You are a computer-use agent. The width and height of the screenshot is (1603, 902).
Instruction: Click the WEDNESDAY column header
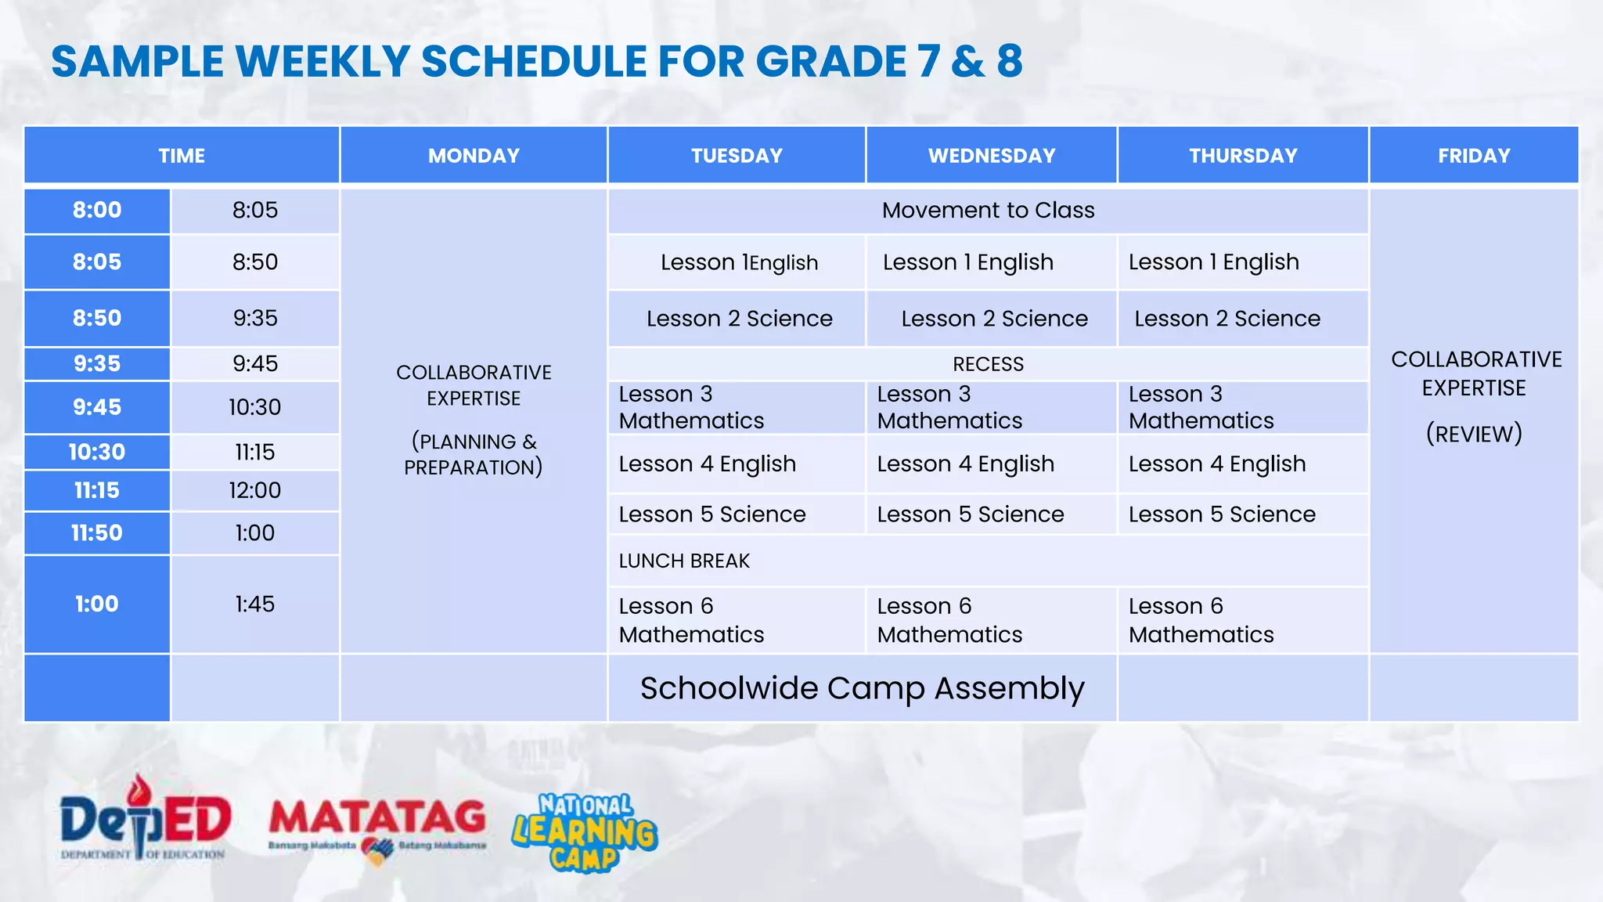991,156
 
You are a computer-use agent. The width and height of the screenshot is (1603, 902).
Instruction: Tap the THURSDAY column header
1243,156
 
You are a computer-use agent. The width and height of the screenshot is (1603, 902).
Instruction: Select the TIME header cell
182,156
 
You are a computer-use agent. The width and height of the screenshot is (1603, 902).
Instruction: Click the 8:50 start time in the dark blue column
97,318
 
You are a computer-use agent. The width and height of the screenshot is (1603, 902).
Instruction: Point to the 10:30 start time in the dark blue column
97,452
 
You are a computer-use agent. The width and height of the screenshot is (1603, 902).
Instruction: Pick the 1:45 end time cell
255,604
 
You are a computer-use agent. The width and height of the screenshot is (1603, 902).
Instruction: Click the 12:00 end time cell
255,490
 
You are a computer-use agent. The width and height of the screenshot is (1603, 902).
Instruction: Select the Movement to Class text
988,210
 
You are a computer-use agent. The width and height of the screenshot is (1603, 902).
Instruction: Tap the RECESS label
988,364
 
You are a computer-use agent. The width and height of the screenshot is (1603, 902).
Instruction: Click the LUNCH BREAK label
684,561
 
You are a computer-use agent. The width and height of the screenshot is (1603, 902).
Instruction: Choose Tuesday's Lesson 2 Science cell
739,319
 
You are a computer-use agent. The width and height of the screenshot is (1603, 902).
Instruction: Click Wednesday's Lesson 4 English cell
966,464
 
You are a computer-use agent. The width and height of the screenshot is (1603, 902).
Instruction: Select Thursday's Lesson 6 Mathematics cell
1201,620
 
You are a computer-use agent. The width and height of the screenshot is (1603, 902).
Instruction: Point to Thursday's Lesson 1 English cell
1213,262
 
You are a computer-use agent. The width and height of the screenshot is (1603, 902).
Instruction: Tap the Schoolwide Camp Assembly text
862,688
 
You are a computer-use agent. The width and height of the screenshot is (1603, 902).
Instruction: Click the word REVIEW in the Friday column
1474,434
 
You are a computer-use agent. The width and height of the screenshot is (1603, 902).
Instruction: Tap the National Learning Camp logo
585,832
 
